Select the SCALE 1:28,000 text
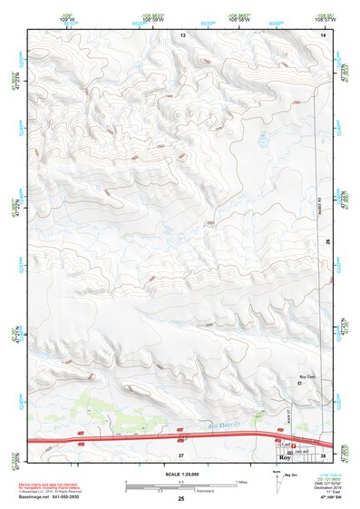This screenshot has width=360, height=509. click(x=181, y=475)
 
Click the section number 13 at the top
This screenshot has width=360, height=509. click(x=181, y=34)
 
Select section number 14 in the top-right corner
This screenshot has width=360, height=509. click(x=322, y=34)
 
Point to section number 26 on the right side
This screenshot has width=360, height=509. click(x=325, y=241)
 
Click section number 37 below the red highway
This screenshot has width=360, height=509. click(x=181, y=453)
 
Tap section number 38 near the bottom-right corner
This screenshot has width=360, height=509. click(x=324, y=453)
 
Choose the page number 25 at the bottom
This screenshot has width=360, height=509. click(x=181, y=499)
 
